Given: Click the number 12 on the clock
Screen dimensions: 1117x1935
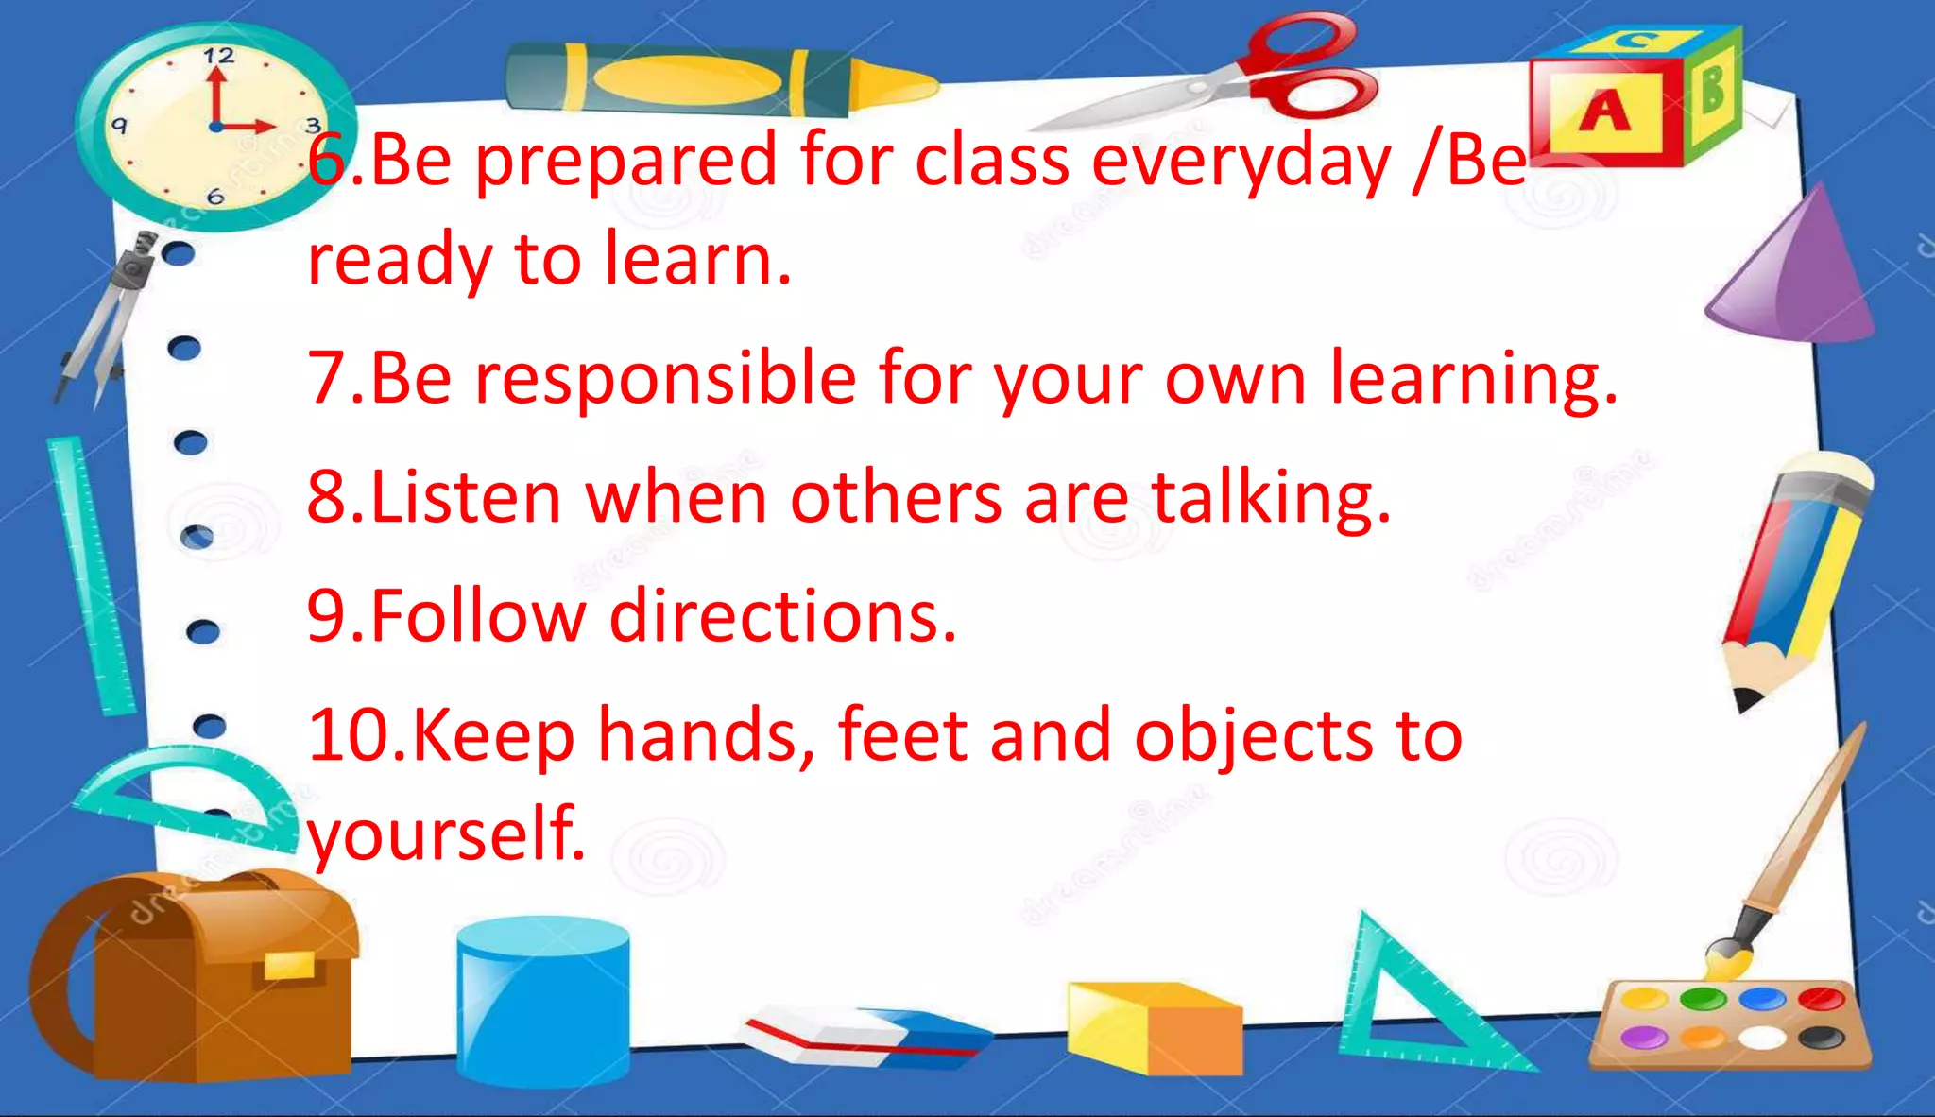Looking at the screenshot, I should click(218, 56).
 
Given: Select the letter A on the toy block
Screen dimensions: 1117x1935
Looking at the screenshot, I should click(1604, 112).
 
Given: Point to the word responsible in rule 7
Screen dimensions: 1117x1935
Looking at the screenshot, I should click(665, 378).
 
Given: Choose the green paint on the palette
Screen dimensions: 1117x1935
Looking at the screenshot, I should click(1703, 998).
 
